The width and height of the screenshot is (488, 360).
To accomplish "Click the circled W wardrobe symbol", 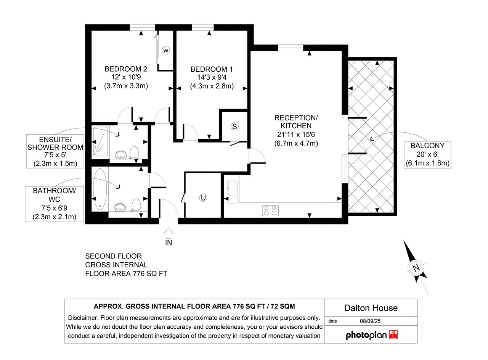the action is tap(166, 51).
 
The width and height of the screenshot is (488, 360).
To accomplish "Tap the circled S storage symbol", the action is tap(234, 127).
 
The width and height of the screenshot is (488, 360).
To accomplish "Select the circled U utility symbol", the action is tap(203, 198).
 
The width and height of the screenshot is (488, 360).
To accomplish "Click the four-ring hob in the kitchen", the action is tap(270, 211).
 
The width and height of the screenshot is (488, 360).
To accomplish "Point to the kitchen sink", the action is tap(232, 192).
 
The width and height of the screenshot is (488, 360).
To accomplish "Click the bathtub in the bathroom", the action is tap(100, 189).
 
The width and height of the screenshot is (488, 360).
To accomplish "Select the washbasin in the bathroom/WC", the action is tap(120, 207).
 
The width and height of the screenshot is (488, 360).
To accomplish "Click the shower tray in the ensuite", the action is tap(100, 141).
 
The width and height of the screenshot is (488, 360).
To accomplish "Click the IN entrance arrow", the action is tap(169, 233).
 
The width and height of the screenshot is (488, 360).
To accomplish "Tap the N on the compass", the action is tap(416, 267).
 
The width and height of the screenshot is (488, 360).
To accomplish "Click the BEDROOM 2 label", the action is tap(126, 69).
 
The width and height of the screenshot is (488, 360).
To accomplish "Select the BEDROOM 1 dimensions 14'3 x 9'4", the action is tap(212, 77).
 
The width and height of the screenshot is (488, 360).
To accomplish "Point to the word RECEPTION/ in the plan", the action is tap(296, 118).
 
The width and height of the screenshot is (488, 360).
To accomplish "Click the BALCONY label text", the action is tap(427, 146).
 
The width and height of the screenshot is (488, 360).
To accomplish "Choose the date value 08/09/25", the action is tap(370, 321).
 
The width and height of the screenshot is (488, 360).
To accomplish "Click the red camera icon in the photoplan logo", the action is tap(393, 335).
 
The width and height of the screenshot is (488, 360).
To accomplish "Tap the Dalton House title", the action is tap(371, 308).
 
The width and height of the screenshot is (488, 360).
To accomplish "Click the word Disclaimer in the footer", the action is tap(83, 318).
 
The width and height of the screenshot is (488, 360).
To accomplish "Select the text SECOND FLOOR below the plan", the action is tap(113, 256).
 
